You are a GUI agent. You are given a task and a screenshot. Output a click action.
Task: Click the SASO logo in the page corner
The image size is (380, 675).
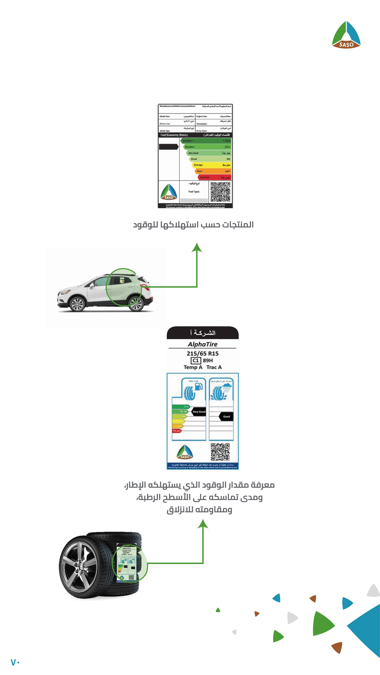[346, 35]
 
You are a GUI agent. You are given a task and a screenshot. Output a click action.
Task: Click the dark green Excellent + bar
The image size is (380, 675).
[206, 141]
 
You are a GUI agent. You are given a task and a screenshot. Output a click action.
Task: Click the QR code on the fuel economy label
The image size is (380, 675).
[220, 192]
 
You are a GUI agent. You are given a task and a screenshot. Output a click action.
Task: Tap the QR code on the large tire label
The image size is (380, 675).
[220, 452]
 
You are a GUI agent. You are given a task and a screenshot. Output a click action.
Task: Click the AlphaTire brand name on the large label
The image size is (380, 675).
[202, 344]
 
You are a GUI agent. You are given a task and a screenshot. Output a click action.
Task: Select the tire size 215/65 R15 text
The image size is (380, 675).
[202, 353]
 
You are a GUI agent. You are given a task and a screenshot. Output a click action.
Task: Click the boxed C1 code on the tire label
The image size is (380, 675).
[196, 361]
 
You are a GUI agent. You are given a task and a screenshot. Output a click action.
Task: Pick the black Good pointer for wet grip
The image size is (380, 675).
[226, 416]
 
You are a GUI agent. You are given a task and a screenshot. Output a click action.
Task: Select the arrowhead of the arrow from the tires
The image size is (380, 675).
[203, 524]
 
